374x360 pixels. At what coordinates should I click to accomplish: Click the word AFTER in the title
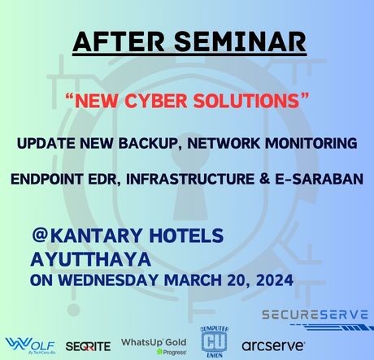click(x=119, y=42)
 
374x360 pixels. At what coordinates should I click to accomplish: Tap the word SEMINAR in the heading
click(x=241, y=42)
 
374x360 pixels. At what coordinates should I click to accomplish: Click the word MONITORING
click(x=311, y=143)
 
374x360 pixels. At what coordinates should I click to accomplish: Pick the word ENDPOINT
click(x=46, y=180)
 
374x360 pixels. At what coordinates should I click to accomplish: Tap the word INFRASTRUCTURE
click(x=190, y=180)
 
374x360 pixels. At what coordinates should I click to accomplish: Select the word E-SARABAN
click(x=319, y=180)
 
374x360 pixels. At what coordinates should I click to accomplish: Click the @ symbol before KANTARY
click(x=40, y=235)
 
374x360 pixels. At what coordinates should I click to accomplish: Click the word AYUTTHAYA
click(x=91, y=259)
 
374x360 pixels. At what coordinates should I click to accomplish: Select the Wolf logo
click(x=30, y=346)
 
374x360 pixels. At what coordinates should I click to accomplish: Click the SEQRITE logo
click(x=88, y=346)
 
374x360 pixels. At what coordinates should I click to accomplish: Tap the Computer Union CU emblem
click(x=215, y=342)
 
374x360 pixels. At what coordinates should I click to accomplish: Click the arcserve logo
click(x=273, y=346)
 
